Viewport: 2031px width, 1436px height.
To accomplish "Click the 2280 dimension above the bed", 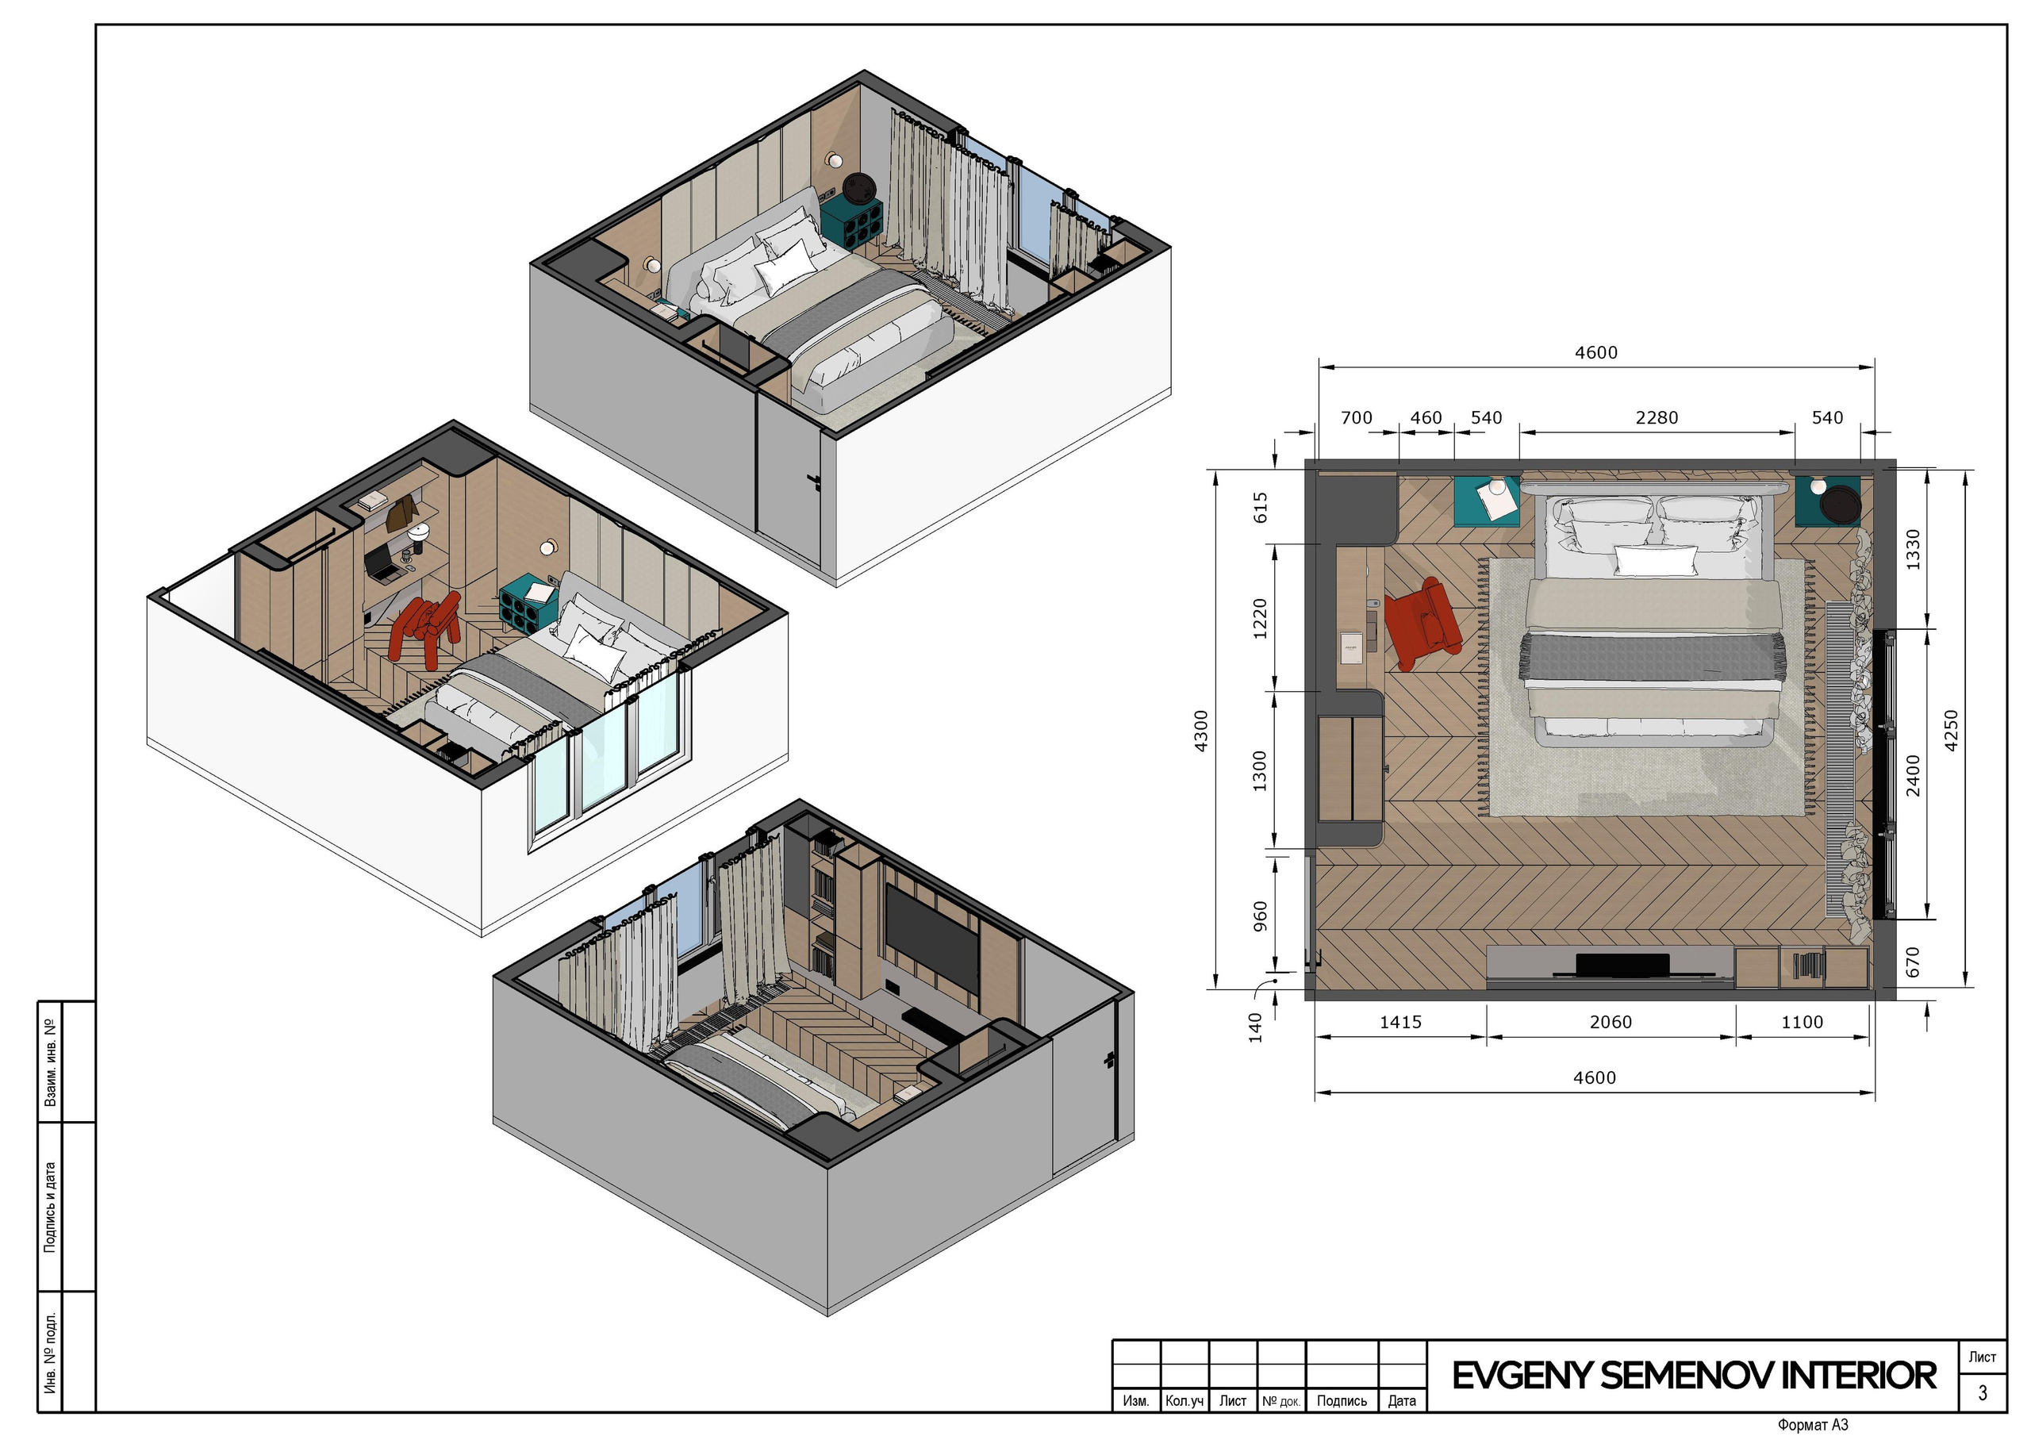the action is [1656, 417].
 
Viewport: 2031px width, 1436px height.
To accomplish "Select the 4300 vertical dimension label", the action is [1200, 731].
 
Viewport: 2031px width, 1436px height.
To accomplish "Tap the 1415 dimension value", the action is [1401, 1022].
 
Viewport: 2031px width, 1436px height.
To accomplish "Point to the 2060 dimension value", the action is [1611, 1022].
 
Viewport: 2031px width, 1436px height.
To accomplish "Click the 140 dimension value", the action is [1255, 1028].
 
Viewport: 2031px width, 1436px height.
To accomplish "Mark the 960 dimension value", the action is [1261, 916].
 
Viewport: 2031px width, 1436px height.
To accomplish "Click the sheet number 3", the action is [1983, 1392].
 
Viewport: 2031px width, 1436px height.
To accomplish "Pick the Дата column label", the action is [1402, 1400].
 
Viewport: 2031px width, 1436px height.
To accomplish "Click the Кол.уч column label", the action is [1184, 1400].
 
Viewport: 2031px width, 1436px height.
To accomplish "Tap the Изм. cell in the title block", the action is [1136, 1400].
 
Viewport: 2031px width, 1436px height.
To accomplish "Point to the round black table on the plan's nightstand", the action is [1841, 505].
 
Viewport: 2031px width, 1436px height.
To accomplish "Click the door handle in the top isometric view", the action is [815, 481].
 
